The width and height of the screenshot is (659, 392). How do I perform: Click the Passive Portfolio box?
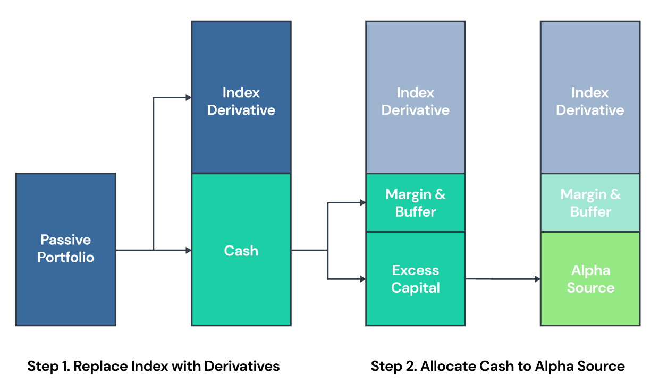[x=66, y=249]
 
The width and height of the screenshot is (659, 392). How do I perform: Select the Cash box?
[x=241, y=249]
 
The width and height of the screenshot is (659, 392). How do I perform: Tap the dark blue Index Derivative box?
[x=241, y=97]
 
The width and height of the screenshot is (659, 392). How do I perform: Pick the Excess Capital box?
[x=416, y=278]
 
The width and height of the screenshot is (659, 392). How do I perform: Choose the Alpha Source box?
[x=590, y=278]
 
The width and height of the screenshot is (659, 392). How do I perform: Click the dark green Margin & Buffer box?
[x=416, y=202]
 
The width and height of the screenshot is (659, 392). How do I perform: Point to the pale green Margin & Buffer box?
[x=590, y=202]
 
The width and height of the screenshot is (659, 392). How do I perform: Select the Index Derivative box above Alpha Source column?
[x=590, y=97]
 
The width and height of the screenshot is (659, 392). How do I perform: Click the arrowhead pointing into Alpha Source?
[x=537, y=279]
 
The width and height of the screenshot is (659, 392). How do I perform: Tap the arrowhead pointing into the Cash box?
[x=189, y=250]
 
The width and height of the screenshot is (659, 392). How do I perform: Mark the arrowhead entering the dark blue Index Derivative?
[x=189, y=97]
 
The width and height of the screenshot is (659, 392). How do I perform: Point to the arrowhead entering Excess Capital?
[x=363, y=279]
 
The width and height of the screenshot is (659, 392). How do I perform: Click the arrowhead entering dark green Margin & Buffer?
[x=363, y=202]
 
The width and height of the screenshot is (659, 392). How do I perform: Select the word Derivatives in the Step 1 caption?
[x=242, y=366]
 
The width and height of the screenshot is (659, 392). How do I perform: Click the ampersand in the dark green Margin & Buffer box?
[x=440, y=194]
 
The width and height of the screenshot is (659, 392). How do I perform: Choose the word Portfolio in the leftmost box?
[x=66, y=257]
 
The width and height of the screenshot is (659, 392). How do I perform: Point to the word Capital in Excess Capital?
[x=416, y=287]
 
